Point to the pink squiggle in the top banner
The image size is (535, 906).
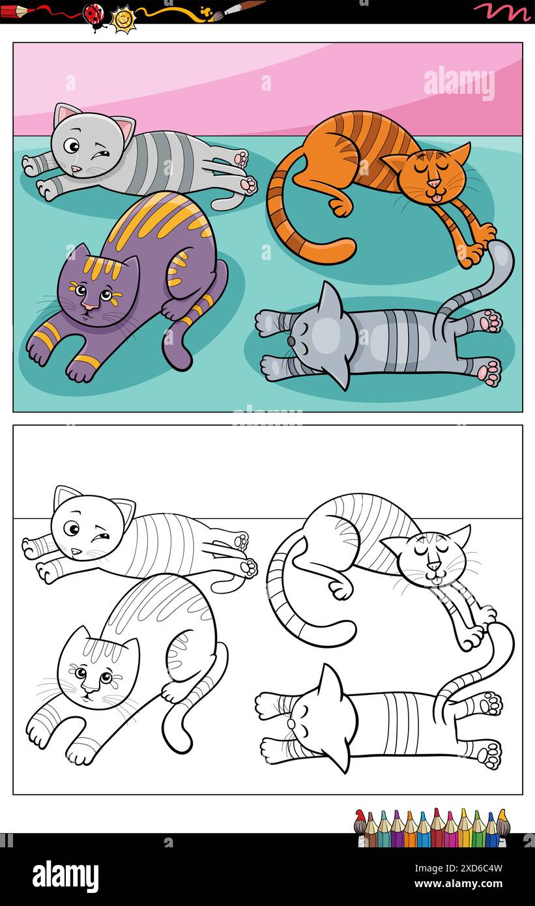[x=502, y=10]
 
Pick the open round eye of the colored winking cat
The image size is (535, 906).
[x=72, y=145]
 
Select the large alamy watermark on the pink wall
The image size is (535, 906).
[x=459, y=83]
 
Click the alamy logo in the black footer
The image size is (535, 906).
[x=65, y=875]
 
